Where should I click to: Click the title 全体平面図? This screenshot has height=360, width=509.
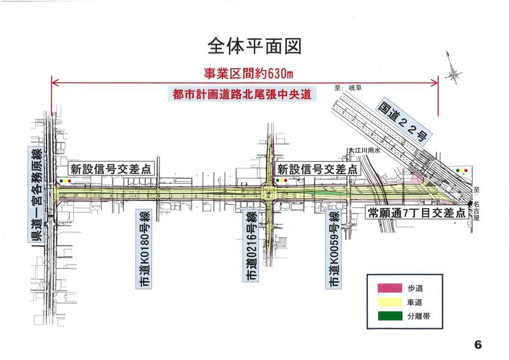254,46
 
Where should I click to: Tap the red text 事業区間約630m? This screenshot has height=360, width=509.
248,74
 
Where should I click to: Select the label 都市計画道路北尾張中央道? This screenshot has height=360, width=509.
242,94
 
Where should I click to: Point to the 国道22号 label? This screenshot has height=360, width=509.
404,120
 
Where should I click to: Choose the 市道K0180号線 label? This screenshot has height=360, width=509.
144,249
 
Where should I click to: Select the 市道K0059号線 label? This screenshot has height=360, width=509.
333,249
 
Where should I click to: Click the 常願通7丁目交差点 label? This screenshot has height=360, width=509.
417,212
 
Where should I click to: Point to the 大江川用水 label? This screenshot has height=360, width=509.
364,150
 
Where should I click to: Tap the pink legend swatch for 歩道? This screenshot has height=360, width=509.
390,288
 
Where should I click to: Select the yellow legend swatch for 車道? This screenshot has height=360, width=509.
390,302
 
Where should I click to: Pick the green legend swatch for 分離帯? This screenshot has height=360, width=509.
390,316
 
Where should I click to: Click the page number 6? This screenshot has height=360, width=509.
478,345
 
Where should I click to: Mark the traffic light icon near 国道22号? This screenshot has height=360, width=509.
462,170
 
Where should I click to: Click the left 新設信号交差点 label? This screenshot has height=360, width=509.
111,169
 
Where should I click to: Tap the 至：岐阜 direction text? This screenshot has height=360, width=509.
348,88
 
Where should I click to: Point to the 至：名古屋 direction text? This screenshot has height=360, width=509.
476,204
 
